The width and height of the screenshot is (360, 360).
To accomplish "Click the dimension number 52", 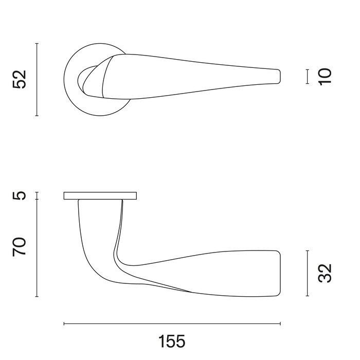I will [x=19, y=80].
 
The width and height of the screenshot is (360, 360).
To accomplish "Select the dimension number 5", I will [x=19, y=196].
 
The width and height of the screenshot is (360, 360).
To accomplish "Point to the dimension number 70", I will [x=19, y=248].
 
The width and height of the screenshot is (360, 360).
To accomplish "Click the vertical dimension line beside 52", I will [x=37, y=80].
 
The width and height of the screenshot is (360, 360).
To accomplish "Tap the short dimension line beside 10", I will [x=307, y=76].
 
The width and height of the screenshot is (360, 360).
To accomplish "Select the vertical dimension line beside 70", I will [x=37, y=248].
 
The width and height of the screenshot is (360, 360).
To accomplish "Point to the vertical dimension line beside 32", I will [x=307, y=274].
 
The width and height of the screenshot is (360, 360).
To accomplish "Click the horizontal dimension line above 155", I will [x=172, y=324].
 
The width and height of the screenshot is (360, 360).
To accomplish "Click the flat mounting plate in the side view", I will [x=100, y=195].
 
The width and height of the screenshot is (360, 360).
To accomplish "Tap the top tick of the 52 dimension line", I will [x=37, y=44].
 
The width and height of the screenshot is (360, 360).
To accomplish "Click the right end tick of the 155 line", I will [x=280, y=324].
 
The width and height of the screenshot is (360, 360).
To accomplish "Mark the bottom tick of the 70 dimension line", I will [x=37, y=297].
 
